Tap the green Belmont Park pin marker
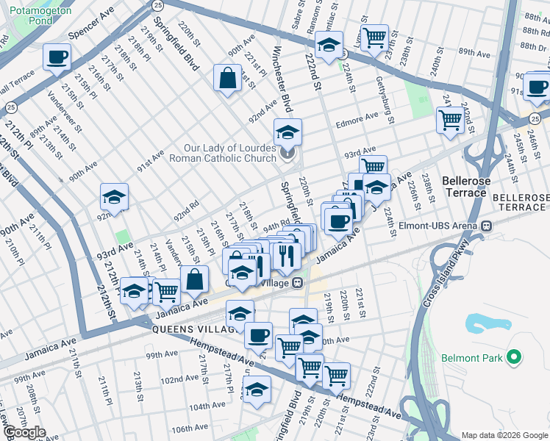tap(514, 359)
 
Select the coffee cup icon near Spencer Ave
tap(57, 57)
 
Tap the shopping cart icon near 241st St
tap(449, 119)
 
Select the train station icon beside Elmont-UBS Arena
tap(486, 226)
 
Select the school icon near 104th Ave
tap(257, 388)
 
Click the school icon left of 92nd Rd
tap(115, 197)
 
